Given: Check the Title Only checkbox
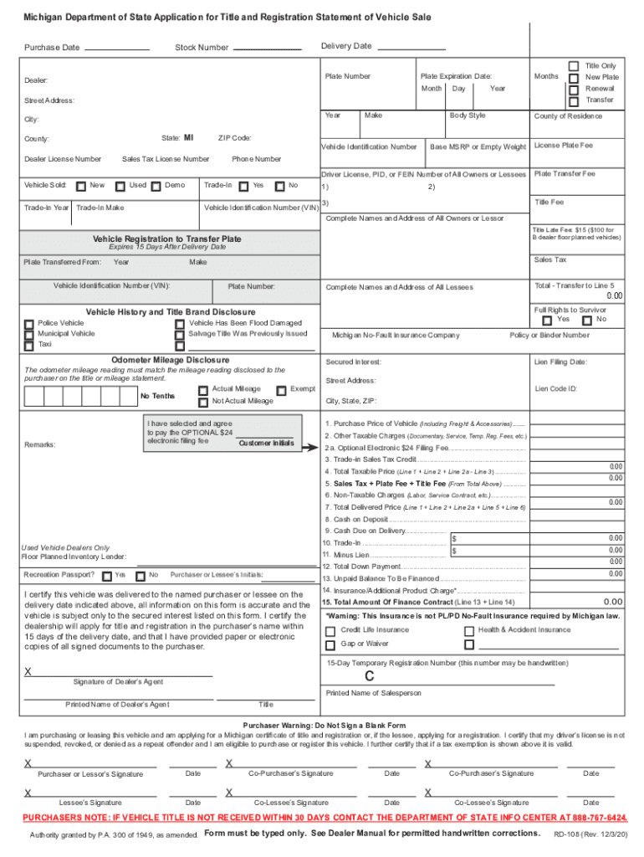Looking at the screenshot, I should [x=574, y=66].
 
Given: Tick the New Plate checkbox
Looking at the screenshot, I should [x=574, y=78].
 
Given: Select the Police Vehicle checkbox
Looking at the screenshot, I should [x=29, y=323].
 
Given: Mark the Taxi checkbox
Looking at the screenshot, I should [x=29, y=345].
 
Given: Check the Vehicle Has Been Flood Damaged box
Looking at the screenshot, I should [x=179, y=323].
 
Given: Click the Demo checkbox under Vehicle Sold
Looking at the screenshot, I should [x=156, y=186].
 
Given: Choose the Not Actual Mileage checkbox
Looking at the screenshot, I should [x=203, y=401].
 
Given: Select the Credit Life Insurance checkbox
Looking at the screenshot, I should [x=330, y=630].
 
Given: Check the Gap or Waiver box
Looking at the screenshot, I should [x=330, y=644].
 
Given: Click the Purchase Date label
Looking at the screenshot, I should [x=52, y=48].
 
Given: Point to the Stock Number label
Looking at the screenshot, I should [x=201, y=48].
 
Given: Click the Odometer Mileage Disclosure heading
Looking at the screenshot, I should [x=165, y=361].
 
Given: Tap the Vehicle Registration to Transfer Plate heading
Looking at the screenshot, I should [x=166, y=239].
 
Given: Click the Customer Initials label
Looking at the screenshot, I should [x=265, y=444].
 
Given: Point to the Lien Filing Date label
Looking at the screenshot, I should [x=560, y=362].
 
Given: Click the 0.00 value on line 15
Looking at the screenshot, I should [x=613, y=602].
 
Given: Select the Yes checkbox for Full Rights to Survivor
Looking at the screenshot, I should [x=547, y=321].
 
